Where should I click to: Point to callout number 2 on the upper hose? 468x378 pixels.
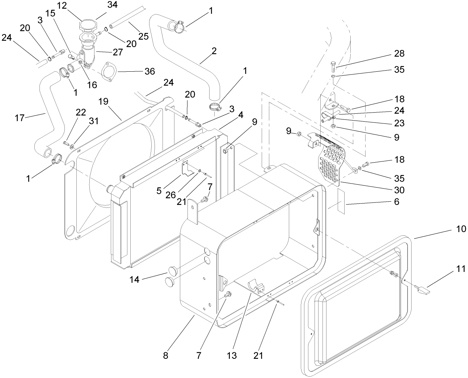tap(214, 51)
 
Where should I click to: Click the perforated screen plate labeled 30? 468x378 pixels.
tap(331, 159)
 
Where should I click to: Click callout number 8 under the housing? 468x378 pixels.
tap(165, 355)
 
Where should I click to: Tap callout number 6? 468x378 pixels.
tap(396, 202)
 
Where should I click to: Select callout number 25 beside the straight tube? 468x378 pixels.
tap(144, 36)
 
